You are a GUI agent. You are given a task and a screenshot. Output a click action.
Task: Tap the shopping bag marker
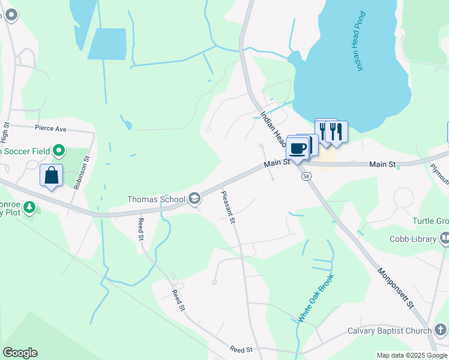click(52, 176)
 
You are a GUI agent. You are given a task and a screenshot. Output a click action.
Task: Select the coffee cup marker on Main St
click(297, 148)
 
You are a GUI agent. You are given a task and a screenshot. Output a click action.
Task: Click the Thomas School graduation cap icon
click(194, 198)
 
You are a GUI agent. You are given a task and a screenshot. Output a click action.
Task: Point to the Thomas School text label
click(156, 199)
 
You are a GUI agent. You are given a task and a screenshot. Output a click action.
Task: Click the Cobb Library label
click(413, 239)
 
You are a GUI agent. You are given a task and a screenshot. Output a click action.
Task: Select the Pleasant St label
click(229, 207)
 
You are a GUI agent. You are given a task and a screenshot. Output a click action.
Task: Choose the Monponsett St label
click(396, 287)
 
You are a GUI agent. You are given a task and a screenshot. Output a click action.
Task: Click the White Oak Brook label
click(316, 298)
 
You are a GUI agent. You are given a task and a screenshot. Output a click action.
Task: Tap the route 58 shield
click(307, 176)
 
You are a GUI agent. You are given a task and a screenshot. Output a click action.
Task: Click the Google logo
click(20, 353)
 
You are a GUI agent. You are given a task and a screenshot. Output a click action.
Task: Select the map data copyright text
click(412, 356)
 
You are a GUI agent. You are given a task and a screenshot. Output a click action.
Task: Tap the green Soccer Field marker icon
click(59, 149)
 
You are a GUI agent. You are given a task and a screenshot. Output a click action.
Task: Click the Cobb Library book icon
click(445, 239)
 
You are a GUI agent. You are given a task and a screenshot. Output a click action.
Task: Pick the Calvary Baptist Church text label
click(390, 331)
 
